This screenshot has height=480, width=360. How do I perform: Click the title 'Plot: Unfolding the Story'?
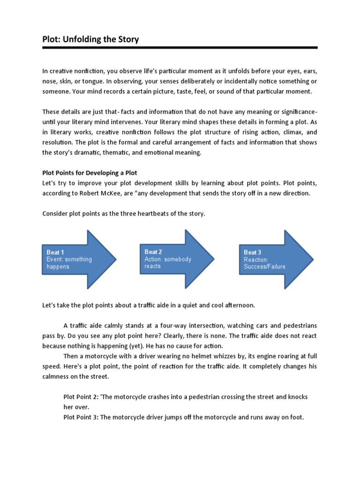point(90,39)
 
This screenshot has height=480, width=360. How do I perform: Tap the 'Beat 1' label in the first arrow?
point(56,252)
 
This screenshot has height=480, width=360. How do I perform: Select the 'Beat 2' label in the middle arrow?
point(154,252)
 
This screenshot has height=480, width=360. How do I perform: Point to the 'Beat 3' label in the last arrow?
point(253,253)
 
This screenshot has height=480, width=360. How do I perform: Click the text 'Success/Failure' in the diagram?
point(264,267)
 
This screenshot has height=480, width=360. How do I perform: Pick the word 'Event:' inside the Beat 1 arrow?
point(55,259)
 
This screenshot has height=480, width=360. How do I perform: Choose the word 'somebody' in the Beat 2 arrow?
point(179,259)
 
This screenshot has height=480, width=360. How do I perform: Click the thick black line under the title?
point(180,48)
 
